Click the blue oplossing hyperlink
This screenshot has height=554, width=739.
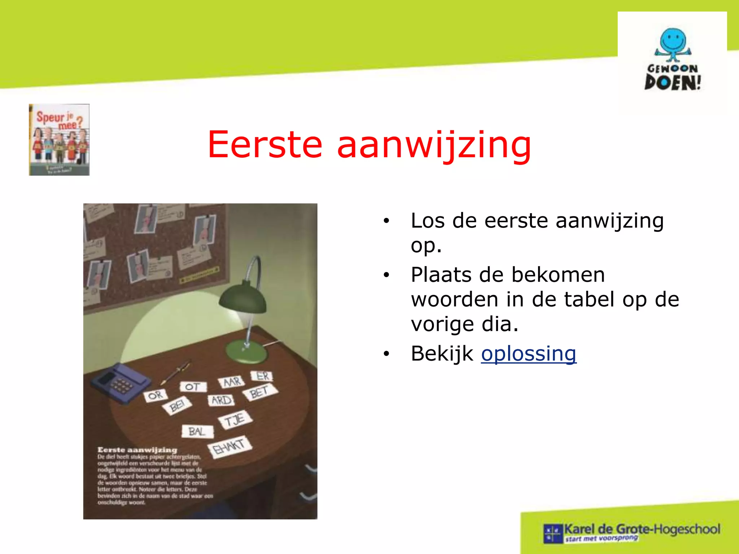[528, 354]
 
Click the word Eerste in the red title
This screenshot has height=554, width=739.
[265, 145]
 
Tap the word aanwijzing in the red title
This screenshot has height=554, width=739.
[434, 145]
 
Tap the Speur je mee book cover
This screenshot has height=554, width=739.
[59, 140]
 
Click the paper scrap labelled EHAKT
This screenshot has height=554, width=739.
[229, 447]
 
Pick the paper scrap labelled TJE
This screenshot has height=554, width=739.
[235, 420]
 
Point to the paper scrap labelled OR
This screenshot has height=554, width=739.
[156, 396]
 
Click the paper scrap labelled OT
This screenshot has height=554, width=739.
[193, 387]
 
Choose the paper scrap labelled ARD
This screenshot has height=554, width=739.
[221, 400]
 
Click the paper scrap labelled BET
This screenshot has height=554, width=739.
[259, 392]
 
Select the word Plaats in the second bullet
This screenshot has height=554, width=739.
[441, 275]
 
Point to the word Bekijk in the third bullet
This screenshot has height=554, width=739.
[442, 354]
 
